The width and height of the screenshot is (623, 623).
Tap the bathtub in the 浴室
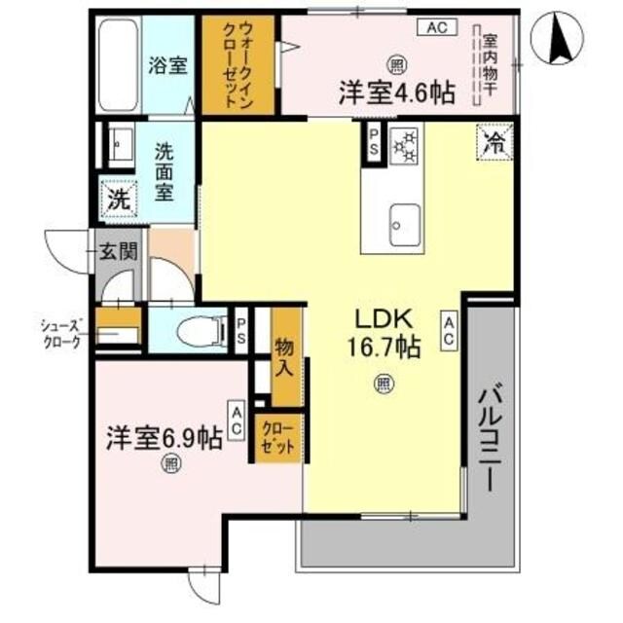[121, 61]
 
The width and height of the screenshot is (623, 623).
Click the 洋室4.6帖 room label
[395, 93]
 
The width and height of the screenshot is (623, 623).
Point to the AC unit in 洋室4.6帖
[435, 27]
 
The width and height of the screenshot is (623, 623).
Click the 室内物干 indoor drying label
[490, 62]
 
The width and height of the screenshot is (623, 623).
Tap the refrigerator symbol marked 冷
[494, 144]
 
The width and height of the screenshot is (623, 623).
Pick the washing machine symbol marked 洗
[117, 202]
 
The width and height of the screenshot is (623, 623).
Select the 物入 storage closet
[285, 355]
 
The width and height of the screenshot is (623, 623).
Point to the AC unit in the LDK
[449, 332]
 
